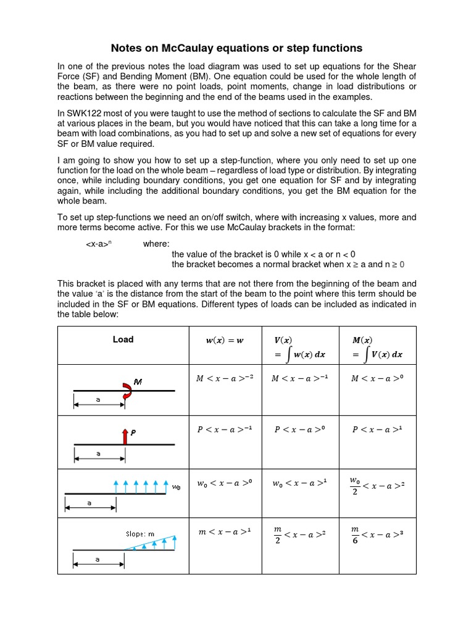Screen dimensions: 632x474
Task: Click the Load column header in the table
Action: [123, 339]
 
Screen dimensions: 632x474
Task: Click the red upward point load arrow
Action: [125, 437]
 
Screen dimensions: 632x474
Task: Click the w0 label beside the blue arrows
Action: [177, 487]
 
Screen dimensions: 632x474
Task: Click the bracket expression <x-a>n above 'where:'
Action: [98, 244]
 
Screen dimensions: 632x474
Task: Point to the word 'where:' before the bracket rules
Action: [156, 244]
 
